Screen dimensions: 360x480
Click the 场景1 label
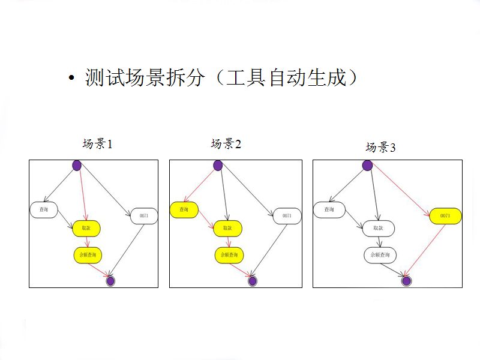click(x=98, y=144)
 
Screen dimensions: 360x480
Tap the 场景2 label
click(x=226, y=144)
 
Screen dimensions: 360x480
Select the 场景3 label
click(x=381, y=148)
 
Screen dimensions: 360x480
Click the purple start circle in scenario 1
click(x=77, y=165)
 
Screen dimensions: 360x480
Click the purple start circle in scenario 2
click(x=218, y=165)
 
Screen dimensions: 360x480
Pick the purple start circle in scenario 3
click(x=368, y=165)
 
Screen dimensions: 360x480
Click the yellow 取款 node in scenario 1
click(x=86, y=228)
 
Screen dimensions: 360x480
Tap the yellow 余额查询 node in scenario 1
click(x=88, y=255)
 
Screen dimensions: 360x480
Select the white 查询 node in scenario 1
click(x=44, y=209)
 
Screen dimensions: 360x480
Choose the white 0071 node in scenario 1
click(x=144, y=215)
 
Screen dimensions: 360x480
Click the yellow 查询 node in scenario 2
click(x=184, y=209)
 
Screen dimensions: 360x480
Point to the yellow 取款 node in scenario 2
click(x=227, y=228)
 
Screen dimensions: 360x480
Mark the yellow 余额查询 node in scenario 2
click(x=229, y=255)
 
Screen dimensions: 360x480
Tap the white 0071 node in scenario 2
click(x=287, y=215)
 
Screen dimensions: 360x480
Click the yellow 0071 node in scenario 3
click(x=445, y=215)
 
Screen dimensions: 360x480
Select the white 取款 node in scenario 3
click(x=378, y=228)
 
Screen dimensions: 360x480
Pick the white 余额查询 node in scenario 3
click(x=380, y=255)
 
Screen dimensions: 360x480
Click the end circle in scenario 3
click(x=406, y=280)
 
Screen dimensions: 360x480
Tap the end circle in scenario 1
click(x=110, y=280)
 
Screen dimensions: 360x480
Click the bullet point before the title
click(x=71, y=79)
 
